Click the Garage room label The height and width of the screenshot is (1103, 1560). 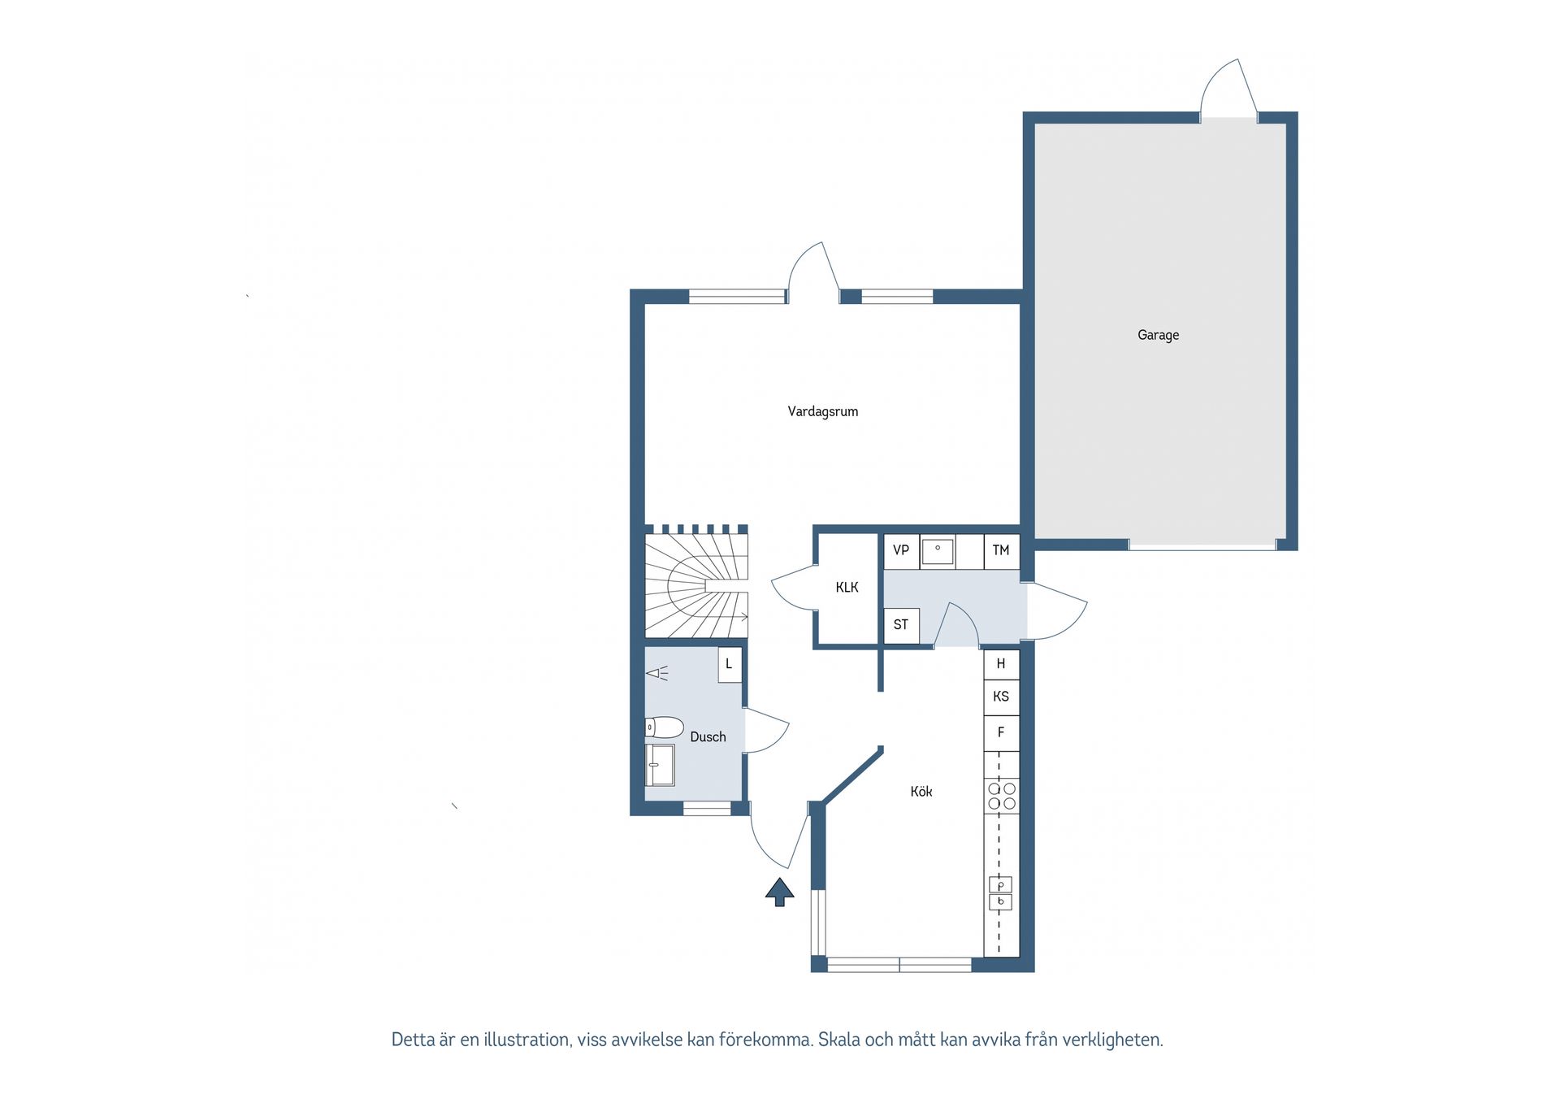pyautogui.click(x=1158, y=335)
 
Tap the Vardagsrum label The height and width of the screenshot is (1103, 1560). pyautogui.click(x=822, y=411)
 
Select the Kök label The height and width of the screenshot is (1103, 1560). pyautogui.click(x=921, y=791)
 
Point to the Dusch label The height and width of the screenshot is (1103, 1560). pyautogui.click(x=708, y=736)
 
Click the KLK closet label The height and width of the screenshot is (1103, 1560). pyautogui.click(x=847, y=587)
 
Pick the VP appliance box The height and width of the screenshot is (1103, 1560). pyautogui.click(x=901, y=550)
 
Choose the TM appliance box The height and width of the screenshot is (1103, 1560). pyautogui.click(x=1001, y=550)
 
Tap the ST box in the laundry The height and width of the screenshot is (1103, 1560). pyautogui.click(x=901, y=625)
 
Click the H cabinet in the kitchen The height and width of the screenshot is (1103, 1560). pyautogui.click(x=1001, y=664)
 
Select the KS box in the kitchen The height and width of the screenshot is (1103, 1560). pyautogui.click(x=1001, y=697)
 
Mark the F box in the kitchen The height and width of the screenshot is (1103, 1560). pyautogui.click(x=1001, y=732)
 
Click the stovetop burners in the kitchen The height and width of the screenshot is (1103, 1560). pyautogui.click(x=1002, y=796)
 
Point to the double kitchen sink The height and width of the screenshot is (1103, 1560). pyautogui.click(x=1000, y=893)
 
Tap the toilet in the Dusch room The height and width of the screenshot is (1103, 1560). pyautogui.click(x=662, y=727)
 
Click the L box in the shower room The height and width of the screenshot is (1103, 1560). pyautogui.click(x=730, y=664)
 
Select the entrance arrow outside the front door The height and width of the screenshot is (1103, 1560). pyautogui.click(x=779, y=892)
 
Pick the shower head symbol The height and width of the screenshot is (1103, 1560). pyautogui.click(x=656, y=673)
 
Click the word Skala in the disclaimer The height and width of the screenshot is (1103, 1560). pyautogui.click(x=838, y=1040)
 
